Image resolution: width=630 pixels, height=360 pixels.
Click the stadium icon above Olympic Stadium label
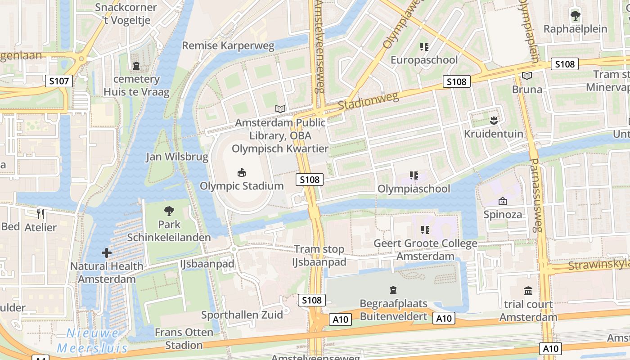click(x=242, y=172)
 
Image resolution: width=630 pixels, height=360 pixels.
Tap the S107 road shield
click(x=59, y=81)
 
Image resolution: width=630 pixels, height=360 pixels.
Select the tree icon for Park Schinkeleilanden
click(x=169, y=211)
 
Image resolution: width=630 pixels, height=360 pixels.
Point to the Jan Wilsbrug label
click(x=177, y=157)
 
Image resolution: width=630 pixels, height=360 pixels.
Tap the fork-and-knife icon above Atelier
click(x=40, y=214)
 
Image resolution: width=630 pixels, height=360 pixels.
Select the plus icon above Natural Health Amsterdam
click(x=107, y=253)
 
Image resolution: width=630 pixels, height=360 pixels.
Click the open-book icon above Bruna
click(x=527, y=76)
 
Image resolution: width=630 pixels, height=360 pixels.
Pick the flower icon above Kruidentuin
click(x=494, y=120)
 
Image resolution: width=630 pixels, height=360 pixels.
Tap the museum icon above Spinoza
click(x=502, y=201)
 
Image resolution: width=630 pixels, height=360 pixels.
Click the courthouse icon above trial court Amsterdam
click(x=528, y=291)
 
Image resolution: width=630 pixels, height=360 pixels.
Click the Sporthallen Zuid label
click(x=242, y=315)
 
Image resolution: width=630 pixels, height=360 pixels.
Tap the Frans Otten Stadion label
click(x=184, y=338)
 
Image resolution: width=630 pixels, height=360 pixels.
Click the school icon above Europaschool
click(x=424, y=46)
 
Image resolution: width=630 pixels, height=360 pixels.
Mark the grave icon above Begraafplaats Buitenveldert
click(x=393, y=290)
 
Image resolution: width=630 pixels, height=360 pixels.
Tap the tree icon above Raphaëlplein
click(x=575, y=16)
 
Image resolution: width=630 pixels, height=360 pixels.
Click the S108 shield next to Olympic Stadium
click(x=310, y=180)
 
